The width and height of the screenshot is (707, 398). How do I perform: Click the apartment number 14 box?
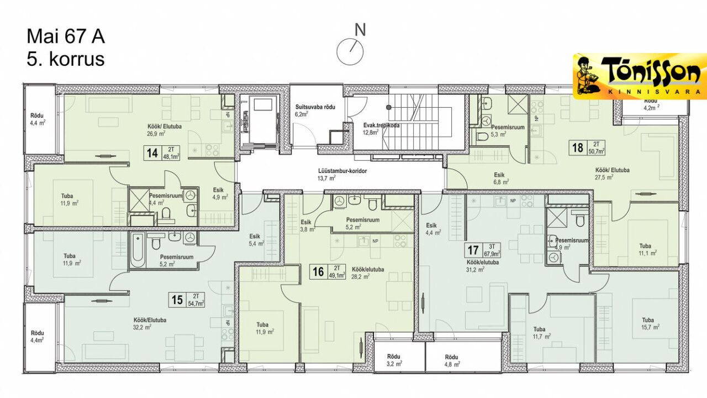[162, 153]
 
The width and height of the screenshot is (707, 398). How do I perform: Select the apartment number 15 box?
[187, 300]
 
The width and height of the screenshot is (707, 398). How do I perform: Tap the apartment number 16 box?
[328, 271]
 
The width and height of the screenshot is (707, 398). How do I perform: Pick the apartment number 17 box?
[483, 250]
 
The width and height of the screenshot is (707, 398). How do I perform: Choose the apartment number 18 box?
[587, 148]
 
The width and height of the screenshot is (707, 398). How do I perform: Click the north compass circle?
[350, 52]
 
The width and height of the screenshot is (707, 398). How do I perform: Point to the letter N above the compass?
[361, 30]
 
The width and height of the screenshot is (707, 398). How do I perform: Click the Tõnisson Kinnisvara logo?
[640, 76]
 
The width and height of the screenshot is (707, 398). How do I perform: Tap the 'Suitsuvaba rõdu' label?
[315, 107]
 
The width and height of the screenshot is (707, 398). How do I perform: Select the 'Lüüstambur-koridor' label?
[342, 171]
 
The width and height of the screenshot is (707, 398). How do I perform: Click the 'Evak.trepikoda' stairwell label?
[381, 125]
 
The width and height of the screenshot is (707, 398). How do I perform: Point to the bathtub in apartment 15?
[138, 250]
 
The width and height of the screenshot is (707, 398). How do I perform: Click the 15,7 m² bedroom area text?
[651, 328]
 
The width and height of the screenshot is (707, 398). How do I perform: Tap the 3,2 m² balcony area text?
[394, 364]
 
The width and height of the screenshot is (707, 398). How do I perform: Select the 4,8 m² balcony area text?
[452, 364]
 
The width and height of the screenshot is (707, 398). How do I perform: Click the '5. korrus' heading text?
[66, 59]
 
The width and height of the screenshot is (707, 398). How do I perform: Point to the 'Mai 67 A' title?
[66, 36]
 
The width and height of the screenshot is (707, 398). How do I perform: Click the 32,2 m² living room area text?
[142, 328]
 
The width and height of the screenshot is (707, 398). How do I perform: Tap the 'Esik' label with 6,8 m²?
[499, 175]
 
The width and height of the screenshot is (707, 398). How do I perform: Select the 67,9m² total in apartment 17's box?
[492, 253]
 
